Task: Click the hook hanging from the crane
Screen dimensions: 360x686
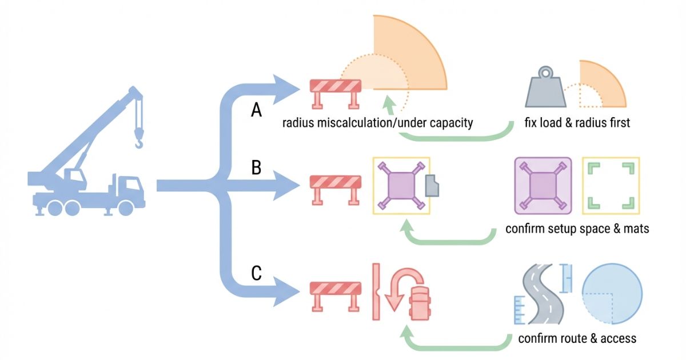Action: coord(139,139)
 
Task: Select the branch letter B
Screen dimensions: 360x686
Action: coord(257,169)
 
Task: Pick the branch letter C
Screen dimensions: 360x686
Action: coord(257,274)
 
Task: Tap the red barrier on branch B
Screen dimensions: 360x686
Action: coord(336,187)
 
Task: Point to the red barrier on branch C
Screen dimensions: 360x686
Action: coord(336,294)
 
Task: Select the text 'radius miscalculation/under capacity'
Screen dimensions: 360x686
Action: coord(378,123)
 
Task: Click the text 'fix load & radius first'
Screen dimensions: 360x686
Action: coord(577,123)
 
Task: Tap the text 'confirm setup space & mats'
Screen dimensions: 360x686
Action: coord(577,229)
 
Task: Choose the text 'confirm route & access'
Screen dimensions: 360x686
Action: coord(577,338)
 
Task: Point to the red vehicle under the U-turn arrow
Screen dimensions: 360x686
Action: coord(420,303)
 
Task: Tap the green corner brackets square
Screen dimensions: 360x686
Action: coord(611,185)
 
